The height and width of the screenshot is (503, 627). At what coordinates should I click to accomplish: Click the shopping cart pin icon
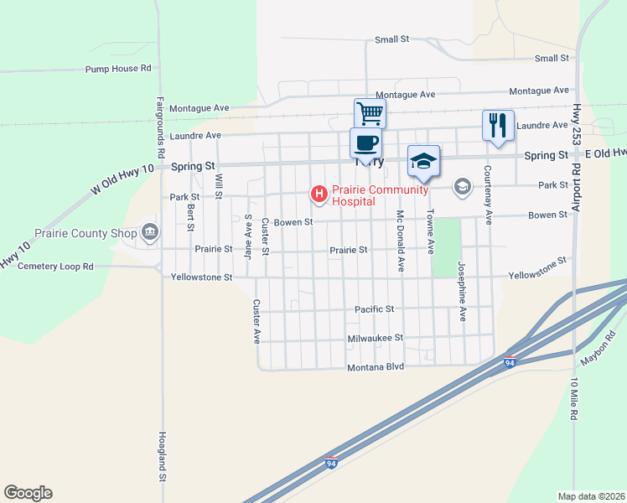coord(370,113)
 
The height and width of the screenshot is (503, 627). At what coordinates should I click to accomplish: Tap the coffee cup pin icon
coord(365,143)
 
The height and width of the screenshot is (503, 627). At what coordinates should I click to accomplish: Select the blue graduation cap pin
coord(423,161)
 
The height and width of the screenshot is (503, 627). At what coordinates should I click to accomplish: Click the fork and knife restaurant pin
coord(498,125)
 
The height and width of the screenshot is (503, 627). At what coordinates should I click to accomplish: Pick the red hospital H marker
coord(319,194)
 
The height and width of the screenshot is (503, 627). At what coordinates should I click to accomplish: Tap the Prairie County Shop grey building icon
coord(150,231)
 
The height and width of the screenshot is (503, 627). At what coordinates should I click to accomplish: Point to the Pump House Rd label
coord(118,69)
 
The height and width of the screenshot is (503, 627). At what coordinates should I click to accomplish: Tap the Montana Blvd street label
coord(376,367)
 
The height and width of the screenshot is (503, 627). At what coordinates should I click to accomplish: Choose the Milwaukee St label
coord(376,338)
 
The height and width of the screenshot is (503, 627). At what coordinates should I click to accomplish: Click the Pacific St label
coord(374,309)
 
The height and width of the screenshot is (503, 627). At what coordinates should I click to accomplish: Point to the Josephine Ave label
coord(462,291)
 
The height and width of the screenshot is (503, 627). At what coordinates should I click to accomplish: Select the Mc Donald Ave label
coord(401,240)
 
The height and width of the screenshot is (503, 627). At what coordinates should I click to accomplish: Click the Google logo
coord(28,493)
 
